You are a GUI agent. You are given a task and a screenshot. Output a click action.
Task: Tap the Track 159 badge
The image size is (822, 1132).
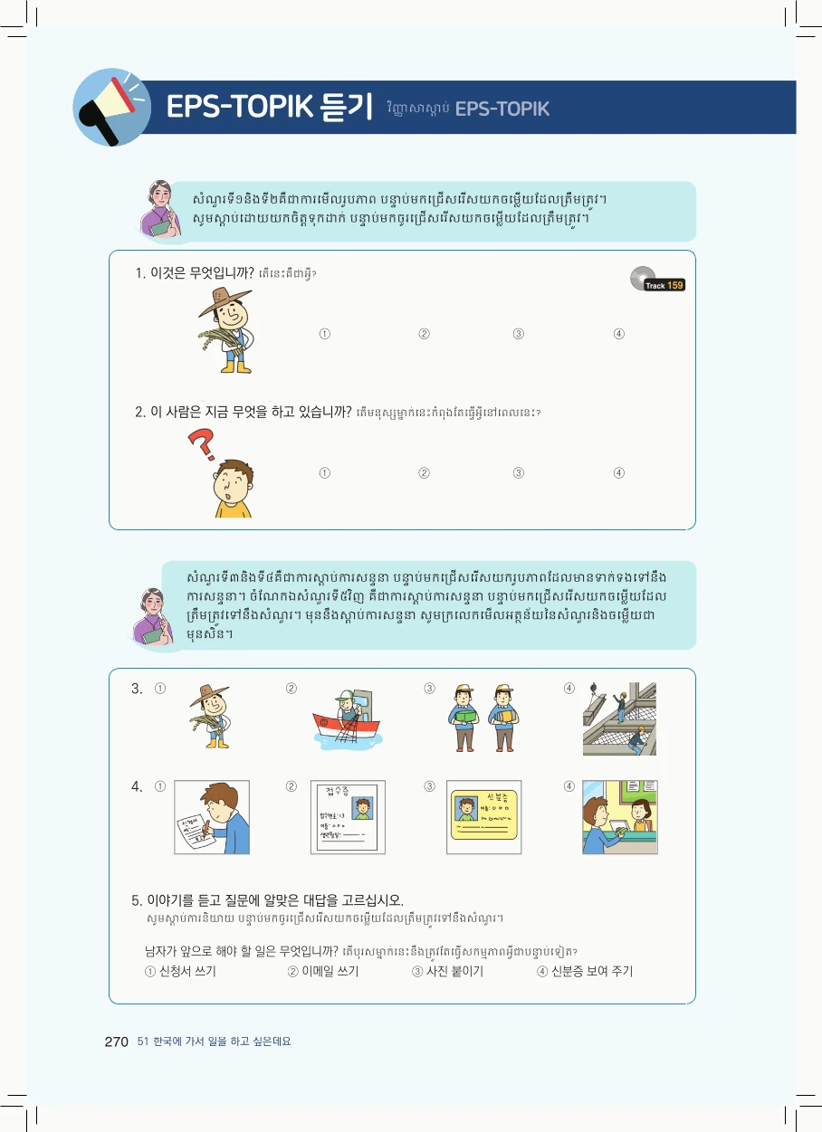[664, 284]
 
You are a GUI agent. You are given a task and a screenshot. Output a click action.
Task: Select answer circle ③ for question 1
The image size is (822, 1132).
[519, 334]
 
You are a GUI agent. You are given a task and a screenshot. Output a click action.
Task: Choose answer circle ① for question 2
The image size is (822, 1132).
[324, 472]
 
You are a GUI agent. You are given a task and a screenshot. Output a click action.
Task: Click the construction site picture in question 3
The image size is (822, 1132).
[620, 718]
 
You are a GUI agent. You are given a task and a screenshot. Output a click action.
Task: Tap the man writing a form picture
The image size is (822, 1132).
[212, 816]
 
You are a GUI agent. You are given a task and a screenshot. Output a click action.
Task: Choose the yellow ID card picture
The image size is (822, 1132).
[483, 816]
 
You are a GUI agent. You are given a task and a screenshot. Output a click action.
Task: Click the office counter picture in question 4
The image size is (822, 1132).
[620, 816]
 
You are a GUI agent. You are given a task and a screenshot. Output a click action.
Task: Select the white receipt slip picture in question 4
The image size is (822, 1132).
[348, 816]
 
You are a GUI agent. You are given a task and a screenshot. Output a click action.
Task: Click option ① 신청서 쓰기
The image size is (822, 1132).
[180, 972]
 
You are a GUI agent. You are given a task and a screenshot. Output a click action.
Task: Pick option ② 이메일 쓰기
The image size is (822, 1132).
[323, 972]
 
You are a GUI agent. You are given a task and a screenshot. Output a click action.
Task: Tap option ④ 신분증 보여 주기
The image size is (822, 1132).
[585, 972]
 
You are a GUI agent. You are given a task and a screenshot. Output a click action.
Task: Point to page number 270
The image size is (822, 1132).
[117, 1042]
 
